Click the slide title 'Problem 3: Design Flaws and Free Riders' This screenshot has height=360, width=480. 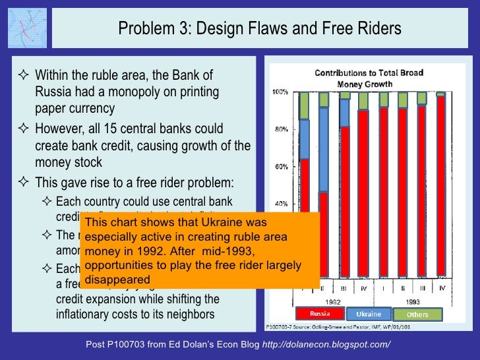259,29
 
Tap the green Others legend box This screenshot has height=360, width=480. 417,315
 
